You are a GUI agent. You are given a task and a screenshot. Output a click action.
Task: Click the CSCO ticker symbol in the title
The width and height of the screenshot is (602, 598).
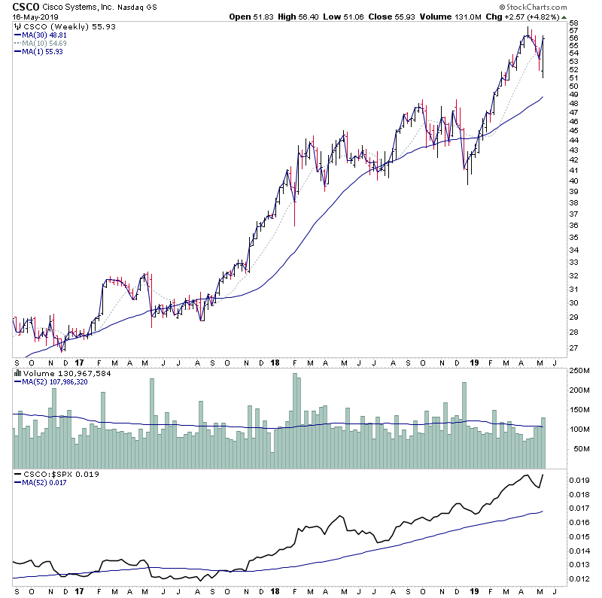(x=26, y=7)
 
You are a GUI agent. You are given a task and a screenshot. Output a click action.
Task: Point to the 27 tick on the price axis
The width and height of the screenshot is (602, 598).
(x=573, y=348)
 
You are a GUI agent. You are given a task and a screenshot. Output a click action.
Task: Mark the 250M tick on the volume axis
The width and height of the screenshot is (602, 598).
(x=579, y=371)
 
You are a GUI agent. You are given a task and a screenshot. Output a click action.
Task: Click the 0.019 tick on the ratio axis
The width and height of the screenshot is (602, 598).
(x=579, y=480)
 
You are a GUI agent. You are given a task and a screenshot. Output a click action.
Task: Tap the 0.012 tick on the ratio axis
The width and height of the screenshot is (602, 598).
(x=579, y=578)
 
